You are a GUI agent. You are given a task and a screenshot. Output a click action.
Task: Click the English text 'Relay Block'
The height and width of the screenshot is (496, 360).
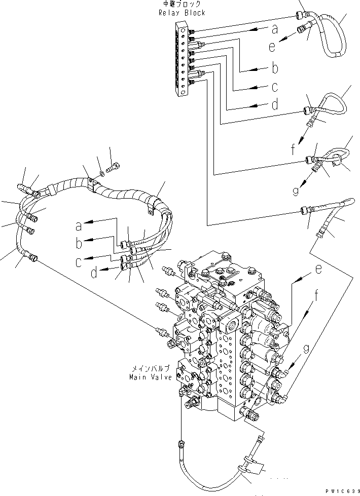[182, 13]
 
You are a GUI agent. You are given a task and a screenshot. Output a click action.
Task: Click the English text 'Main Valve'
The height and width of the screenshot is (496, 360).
[151, 377]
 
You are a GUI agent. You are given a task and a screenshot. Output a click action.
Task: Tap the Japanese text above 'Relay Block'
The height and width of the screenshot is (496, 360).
[182, 4]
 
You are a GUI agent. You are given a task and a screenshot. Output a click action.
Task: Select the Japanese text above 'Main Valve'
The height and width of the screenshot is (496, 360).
[151, 368]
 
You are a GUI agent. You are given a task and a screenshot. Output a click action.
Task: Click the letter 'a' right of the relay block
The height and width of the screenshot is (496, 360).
[274, 29]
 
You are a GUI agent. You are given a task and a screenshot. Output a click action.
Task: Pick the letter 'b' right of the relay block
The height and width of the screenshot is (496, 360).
[275, 68]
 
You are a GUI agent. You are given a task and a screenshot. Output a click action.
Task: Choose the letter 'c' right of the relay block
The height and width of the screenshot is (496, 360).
[274, 87]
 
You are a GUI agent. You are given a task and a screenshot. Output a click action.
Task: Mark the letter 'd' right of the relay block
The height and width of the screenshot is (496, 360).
[275, 104]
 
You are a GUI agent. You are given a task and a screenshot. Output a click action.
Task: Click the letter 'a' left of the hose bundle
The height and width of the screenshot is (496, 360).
[79, 226]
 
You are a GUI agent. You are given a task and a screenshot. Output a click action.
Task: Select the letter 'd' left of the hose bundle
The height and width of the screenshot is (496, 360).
[94, 273]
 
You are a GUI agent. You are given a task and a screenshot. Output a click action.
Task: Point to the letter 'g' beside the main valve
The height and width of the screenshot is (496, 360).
[306, 349]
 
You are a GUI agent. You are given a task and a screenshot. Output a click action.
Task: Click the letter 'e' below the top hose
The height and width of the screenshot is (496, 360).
[272, 47]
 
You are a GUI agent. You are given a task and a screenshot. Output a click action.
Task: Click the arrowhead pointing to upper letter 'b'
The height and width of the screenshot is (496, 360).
[251, 69]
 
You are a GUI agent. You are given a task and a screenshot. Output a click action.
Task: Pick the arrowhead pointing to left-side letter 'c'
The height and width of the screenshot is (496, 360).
[89, 257]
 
